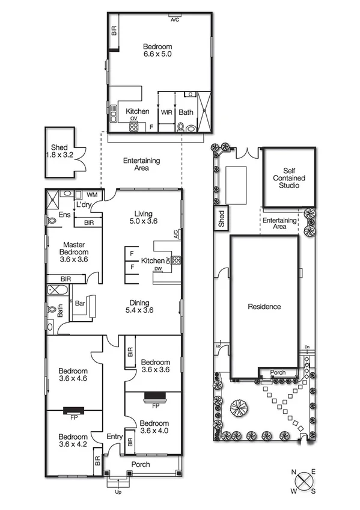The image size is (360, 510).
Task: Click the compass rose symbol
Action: pos(307,482)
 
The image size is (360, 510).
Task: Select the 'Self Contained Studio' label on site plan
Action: pos(289,179)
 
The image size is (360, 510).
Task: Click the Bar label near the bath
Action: pos(79,304)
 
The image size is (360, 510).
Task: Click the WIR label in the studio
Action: pos(166,112)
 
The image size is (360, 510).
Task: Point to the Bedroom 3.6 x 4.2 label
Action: pos(73,441)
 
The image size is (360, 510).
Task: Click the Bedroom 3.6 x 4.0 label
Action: pos(155,426)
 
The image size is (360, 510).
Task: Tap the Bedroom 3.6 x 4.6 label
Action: pos(73,375)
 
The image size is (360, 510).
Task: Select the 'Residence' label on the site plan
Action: pos(264,307)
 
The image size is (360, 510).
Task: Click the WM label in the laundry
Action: pos(92,195)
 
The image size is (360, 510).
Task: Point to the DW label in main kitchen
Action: pos(157,269)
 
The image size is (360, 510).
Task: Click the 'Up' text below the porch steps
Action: pos(118,491)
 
